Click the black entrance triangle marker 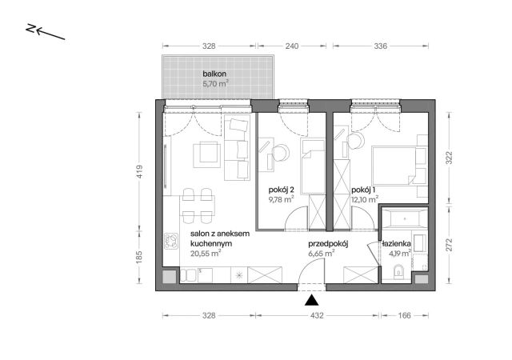[x=311, y=300]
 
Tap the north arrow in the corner [x=46, y=31]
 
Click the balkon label [x=214, y=74]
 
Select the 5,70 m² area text [x=215, y=84]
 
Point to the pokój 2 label [x=282, y=190]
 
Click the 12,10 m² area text [x=365, y=199]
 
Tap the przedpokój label [x=329, y=244]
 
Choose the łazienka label [x=397, y=243]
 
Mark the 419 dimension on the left [x=139, y=171]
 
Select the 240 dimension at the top [x=291, y=46]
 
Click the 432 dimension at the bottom [x=317, y=315]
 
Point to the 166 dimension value [x=404, y=315]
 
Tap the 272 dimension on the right [x=450, y=245]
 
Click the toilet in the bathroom [x=398, y=272]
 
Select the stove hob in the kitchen [x=171, y=241]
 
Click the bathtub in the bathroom [x=404, y=218]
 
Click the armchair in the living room [x=206, y=154]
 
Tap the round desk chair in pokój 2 [x=281, y=153]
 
